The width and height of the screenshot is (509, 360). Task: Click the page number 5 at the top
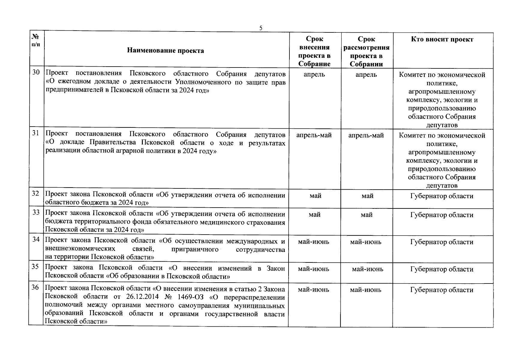click(x=261, y=28)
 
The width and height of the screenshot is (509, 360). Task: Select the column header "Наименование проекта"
click(x=165, y=50)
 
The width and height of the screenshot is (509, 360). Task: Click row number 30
click(x=36, y=72)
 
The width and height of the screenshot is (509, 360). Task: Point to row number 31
click(x=36, y=133)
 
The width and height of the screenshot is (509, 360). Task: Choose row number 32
click(x=36, y=193)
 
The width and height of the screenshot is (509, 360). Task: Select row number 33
click(x=36, y=212)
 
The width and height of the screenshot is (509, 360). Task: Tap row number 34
click(x=36, y=239)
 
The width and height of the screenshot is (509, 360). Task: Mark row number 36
click(x=35, y=287)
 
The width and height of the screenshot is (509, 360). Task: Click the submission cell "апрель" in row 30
click(x=314, y=74)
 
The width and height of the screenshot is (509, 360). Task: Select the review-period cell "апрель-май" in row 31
click(x=366, y=135)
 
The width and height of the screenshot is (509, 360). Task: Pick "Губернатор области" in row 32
click(x=442, y=196)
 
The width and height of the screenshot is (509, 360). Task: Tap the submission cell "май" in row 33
click(x=314, y=215)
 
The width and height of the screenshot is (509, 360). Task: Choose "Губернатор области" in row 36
click(x=442, y=290)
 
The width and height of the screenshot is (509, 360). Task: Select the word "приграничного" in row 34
click(x=195, y=250)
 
